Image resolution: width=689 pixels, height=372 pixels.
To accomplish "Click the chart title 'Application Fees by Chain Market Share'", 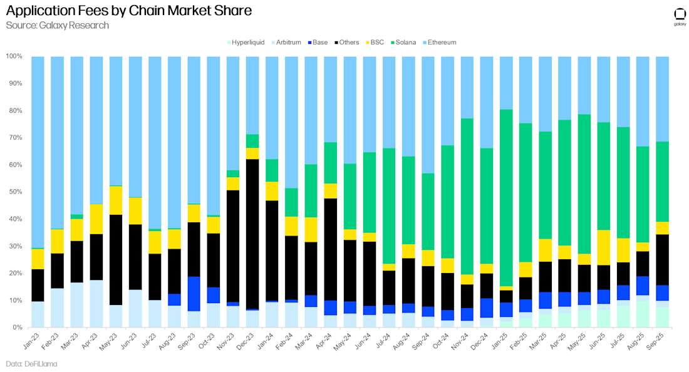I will (128, 11).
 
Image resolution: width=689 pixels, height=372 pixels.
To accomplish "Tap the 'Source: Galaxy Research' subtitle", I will (58, 26).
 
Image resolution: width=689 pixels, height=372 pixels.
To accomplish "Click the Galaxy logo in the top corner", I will (680, 16).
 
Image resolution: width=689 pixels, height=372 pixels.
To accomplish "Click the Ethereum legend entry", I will (442, 43).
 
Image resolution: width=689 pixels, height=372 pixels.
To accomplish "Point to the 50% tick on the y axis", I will (14, 192).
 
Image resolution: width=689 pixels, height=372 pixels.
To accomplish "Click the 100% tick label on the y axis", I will (13, 56).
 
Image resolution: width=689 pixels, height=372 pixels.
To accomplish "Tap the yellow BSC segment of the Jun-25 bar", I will (603, 247).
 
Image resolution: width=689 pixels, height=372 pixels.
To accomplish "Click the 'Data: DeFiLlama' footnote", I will (31, 364).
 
